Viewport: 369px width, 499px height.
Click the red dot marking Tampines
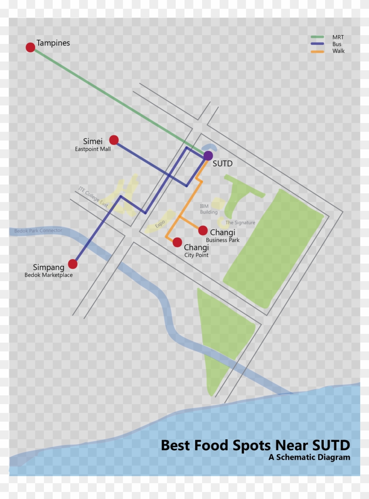coord(30,47)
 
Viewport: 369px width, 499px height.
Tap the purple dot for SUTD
coord(208,155)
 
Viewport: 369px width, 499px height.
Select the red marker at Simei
coord(114,140)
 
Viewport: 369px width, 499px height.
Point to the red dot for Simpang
coord(72,264)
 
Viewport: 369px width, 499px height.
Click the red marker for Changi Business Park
coord(203,230)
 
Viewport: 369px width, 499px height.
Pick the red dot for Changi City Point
coord(177,242)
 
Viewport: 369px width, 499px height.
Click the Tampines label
coord(53,43)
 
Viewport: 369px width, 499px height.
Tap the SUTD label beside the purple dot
coord(222,164)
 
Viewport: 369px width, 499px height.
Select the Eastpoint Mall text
coord(93,149)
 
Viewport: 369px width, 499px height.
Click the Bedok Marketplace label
coord(48,275)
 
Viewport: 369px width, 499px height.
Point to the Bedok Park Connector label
coord(38,231)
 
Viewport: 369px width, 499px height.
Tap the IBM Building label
coord(208,209)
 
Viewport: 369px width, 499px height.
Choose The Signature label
coord(240,223)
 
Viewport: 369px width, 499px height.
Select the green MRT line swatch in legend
coord(317,37)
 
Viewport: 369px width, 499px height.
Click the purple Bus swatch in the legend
coord(317,44)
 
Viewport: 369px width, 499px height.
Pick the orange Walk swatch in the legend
coord(317,51)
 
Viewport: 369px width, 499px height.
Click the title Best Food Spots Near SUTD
coord(255,445)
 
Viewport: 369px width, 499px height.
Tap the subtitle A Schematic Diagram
coord(309,457)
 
